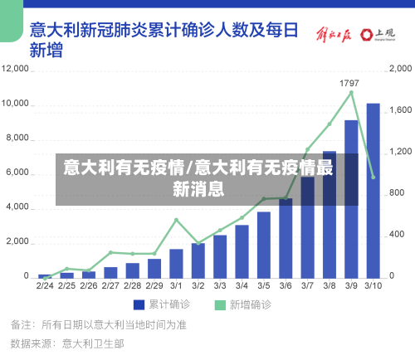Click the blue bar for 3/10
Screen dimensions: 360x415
click(373, 190)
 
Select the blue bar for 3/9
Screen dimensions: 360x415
click(351, 198)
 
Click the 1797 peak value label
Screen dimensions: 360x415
click(349, 83)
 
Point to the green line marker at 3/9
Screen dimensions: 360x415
click(351, 93)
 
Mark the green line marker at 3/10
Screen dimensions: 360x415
click(373, 177)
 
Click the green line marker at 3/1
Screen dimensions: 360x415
click(176, 220)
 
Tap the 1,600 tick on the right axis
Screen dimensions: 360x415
click(402, 109)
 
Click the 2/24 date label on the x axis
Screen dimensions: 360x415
click(45, 286)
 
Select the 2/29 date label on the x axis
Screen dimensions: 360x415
click(154, 286)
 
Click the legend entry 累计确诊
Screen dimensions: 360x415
click(161, 304)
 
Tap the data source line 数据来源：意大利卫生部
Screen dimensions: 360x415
click(67, 343)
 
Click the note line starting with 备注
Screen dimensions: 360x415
click(98, 324)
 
